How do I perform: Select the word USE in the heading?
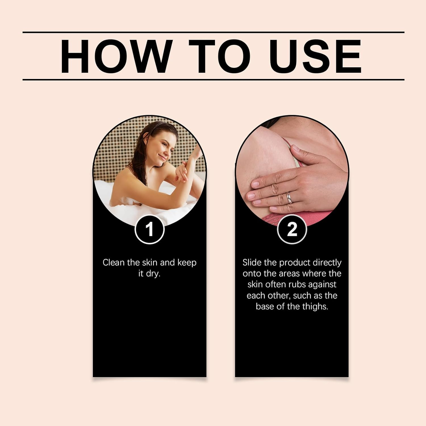pos(316,57)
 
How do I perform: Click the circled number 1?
pos(149,229)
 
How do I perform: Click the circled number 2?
pos(292,229)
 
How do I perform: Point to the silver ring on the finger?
pos(289,197)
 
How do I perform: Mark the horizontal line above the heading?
pos(213,32)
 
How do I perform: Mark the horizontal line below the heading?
pos(213,80)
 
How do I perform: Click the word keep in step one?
pos(187,263)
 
